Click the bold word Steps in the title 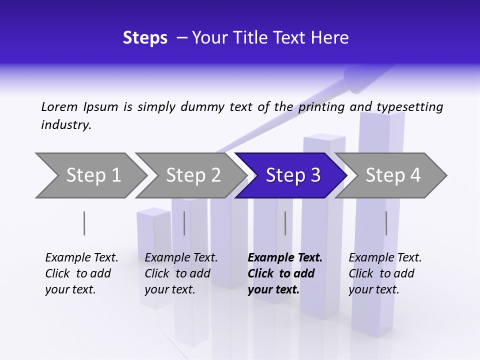pos(145,38)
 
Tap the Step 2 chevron pos(190,175)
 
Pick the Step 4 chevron pos(391,175)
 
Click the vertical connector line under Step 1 pos(84,223)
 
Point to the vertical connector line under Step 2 pos(184,223)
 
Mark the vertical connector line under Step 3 pos(285,223)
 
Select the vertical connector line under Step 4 pos(386,223)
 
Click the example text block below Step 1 pos(81,273)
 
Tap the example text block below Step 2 pos(181,273)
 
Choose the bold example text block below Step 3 pos(285,273)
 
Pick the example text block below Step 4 pos(385,273)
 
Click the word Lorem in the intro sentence pos(59,106)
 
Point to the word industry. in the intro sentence pos(66,125)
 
